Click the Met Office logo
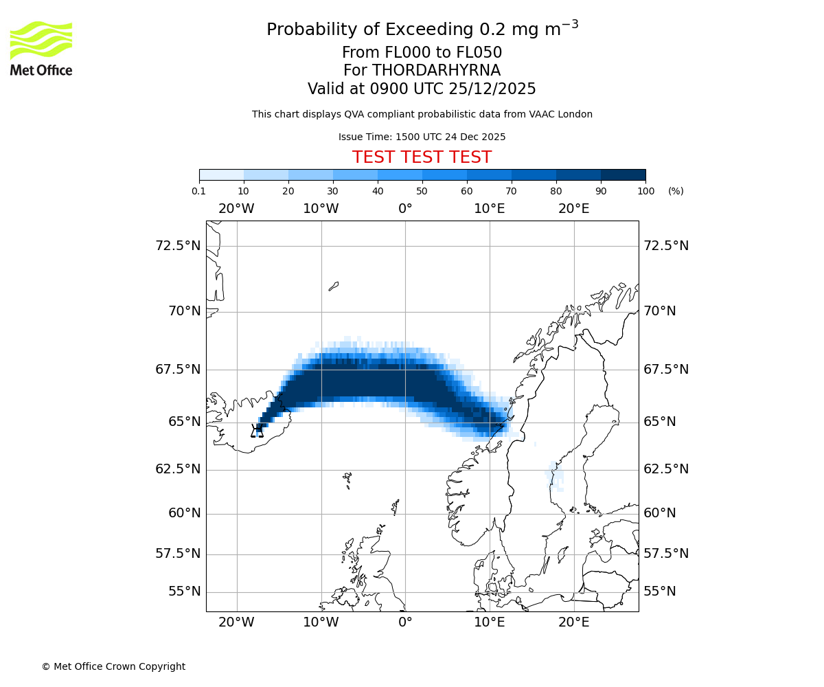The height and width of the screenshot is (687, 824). point(41,48)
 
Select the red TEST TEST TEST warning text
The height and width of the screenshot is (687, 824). point(422,157)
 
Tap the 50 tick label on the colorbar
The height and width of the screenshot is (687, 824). point(422,192)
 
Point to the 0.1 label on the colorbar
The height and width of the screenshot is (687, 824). point(199,192)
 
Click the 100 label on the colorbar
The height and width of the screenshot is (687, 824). point(645,192)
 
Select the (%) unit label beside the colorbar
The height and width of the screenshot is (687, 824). point(676,192)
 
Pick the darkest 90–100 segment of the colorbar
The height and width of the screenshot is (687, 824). point(623,174)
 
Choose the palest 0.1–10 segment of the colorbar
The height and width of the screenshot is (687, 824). point(222,174)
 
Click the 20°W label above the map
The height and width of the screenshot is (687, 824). point(236,209)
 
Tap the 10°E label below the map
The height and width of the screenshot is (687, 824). point(490,622)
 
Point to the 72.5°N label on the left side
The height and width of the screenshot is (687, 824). point(178,246)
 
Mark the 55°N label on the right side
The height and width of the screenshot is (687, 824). point(660,592)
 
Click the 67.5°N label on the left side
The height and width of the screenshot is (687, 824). point(178,370)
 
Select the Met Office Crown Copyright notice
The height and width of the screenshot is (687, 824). point(113,666)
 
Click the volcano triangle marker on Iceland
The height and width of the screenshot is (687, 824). point(257,431)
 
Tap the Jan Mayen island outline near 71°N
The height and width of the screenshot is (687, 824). point(334,286)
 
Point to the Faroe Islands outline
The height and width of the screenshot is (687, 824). point(347,478)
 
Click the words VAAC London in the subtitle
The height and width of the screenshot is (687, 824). point(562,114)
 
